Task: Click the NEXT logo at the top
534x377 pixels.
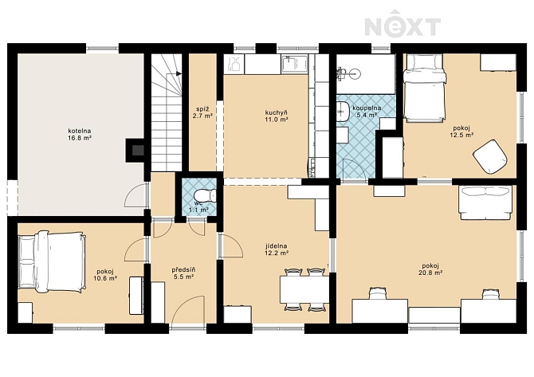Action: click(x=402, y=25)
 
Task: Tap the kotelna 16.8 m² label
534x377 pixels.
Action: click(x=80, y=134)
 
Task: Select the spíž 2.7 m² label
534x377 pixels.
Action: click(x=202, y=112)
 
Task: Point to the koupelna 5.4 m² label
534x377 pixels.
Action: click(x=367, y=112)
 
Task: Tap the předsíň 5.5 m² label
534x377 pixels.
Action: click(x=183, y=273)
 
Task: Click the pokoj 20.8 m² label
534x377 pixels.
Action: click(x=430, y=269)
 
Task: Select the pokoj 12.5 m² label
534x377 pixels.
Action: click(x=461, y=132)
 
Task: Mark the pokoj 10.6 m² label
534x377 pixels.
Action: click(x=105, y=274)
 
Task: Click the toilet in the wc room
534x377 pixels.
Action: click(x=205, y=195)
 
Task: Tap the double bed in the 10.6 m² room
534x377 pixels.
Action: click(x=51, y=261)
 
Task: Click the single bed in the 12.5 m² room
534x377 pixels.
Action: click(x=425, y=88)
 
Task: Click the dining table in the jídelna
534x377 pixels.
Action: click(x=304, y=289)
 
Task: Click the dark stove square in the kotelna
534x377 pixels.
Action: click(x=138, y=150)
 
